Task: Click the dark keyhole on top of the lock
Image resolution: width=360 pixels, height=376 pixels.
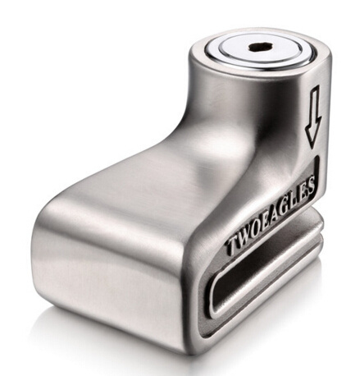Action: [260, 48]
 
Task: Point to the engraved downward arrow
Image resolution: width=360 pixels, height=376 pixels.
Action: [313, 117]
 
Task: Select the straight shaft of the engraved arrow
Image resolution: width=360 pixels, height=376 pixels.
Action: [315, 107]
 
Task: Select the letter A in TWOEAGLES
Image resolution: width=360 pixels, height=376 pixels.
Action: [280, 211]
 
